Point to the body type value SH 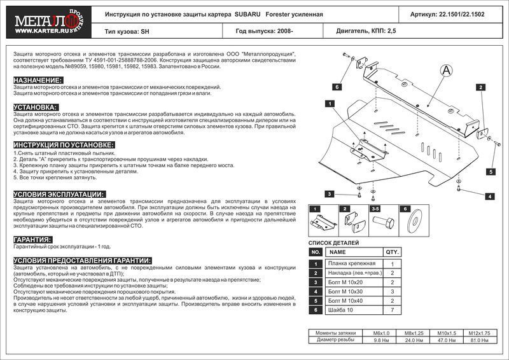(x=147, y=30)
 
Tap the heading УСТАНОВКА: (x=36, y=107)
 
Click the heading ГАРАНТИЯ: (x=32, y=239)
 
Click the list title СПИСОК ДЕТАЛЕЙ (x=333, y=243)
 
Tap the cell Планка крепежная (x=351, y=263)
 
